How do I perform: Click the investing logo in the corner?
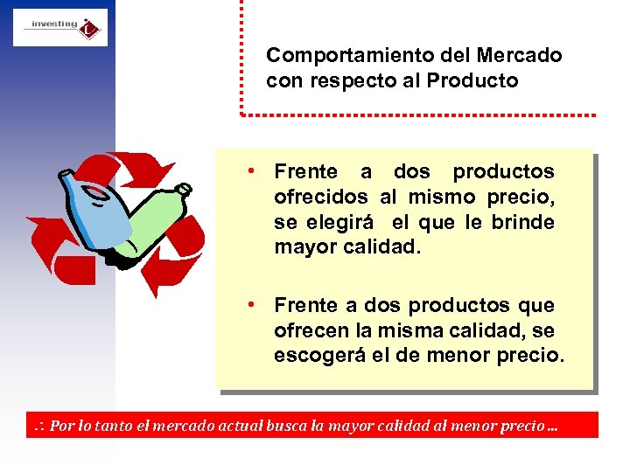pyautogui.click(x=59, y=27)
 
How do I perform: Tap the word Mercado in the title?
pyautogui.click(x=520, y=56)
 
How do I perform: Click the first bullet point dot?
pyautogui.click(x=250, y=170)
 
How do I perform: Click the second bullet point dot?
pyautogui.click(x=250, y=304)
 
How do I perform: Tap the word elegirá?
pyautogui.click(x=335, y=223)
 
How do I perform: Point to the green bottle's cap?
pyautogui.click(x=183, y=188)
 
